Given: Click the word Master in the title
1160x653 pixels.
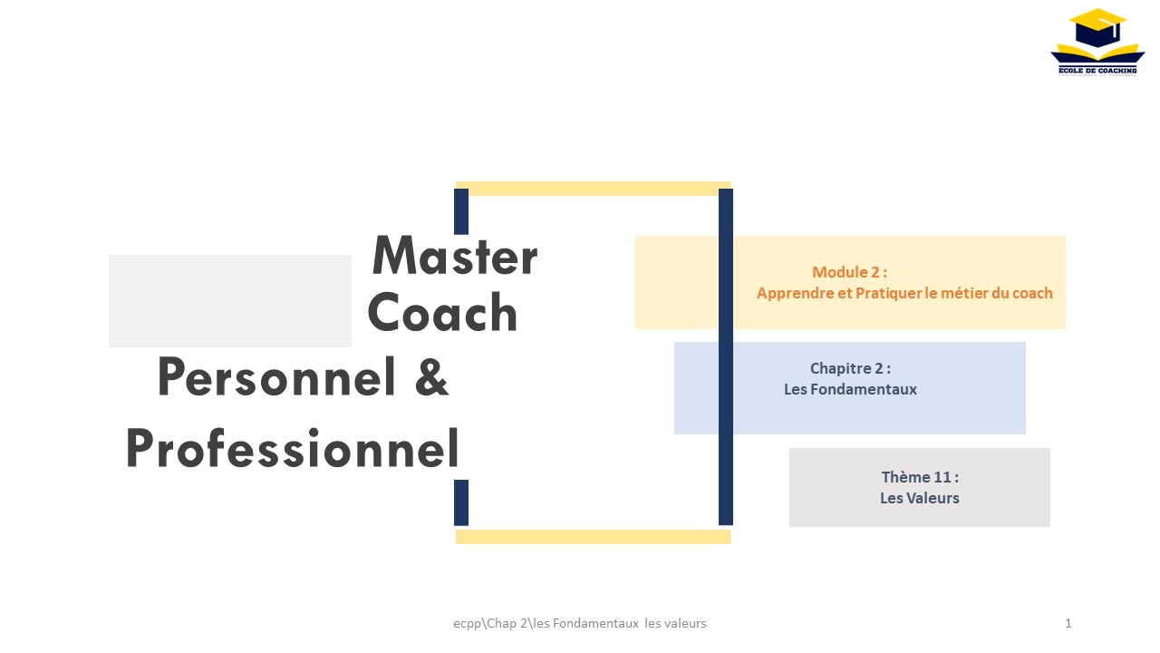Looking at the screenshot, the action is click(455, 256).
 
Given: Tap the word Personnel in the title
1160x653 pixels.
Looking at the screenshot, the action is click(277, 376).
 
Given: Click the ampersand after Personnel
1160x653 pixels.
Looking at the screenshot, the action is click(431, 376).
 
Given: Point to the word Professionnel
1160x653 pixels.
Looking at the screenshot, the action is click(293, 448).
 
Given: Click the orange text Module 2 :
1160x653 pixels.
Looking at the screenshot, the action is click(849, 272).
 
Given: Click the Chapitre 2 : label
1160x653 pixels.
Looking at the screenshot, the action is click(850, 368).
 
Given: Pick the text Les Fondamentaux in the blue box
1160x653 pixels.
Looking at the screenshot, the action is click(850, 389).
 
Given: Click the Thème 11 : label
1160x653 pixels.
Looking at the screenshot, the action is click(920, 477).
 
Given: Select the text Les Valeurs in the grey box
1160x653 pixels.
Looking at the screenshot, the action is click(920, 498).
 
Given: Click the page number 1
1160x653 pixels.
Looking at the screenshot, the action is click(1068, 623).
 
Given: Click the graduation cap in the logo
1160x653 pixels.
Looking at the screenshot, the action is click(1097, 27).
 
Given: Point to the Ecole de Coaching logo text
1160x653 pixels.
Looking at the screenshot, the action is click(1097, 71).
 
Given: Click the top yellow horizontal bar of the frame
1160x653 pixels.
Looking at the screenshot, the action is click(594, 189).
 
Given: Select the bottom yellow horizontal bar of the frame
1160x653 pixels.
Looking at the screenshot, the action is click(594, 537).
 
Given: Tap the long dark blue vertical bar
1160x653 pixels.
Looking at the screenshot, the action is click(726, 357).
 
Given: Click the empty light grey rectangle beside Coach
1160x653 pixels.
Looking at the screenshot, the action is click(230, 301).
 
